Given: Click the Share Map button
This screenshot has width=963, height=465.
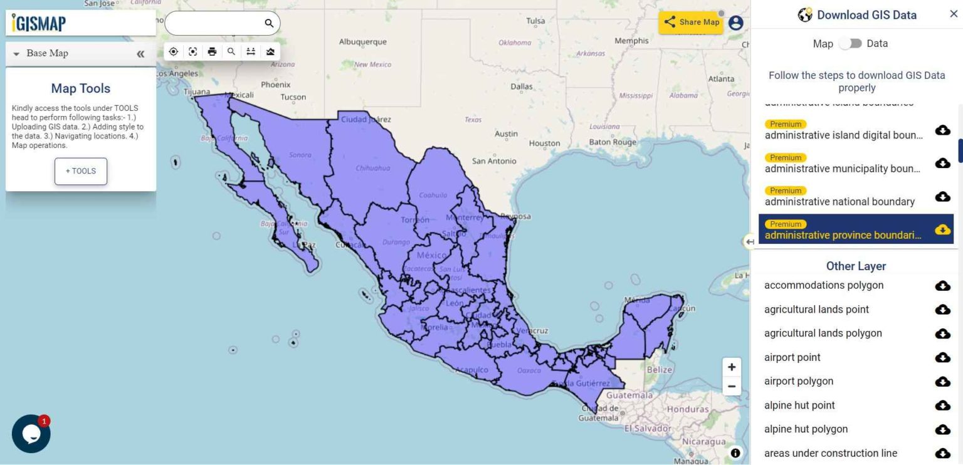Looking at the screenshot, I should point(691,22).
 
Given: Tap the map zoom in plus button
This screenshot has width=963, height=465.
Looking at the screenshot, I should point(732,367).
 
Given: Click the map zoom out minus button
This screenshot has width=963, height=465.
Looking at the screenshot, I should point(732,387).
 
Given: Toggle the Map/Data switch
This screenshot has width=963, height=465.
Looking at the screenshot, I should point(851,43).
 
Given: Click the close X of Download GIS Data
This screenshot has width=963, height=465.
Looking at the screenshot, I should point(954,14).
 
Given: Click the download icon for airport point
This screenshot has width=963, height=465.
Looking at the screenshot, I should point(942,357).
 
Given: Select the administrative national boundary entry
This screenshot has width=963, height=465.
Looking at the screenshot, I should point(839,202).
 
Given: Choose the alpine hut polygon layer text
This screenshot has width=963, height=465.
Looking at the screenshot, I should point(806,429).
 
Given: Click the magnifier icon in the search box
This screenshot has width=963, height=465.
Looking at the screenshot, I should point(269,23).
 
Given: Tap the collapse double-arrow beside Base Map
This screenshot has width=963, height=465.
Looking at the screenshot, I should point(140,54).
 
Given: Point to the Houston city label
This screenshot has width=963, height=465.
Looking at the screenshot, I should point(544,143).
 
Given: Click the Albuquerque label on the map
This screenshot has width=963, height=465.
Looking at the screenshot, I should point(362,42).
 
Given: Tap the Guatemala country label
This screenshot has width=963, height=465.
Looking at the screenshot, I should point(629,395).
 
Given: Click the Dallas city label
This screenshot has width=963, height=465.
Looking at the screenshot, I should point(521,86).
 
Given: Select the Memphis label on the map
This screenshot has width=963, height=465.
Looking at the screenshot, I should point(631,41).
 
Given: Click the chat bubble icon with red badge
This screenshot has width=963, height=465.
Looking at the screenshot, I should point(31,433).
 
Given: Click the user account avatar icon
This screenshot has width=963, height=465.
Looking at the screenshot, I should point(735,23).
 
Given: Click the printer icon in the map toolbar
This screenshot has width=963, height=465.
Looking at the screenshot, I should point(212,51).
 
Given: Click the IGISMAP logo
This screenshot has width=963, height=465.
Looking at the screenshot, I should point(39,23).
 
